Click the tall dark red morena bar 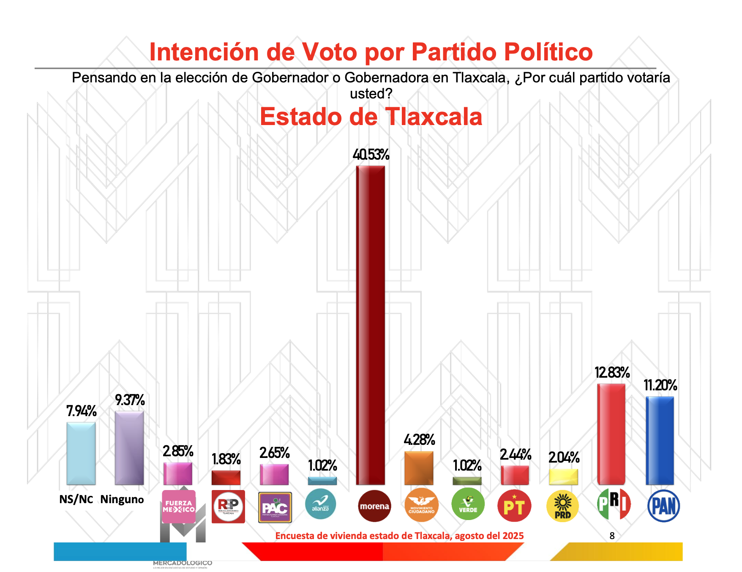371,325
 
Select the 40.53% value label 371,155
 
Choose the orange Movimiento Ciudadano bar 419,468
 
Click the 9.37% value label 130,400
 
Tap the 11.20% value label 660,385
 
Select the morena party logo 374,506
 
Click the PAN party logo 663,506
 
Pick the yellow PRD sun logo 562,507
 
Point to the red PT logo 514,506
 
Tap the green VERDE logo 468,504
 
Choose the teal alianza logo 320,504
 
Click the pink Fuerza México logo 179,506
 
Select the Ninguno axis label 122,499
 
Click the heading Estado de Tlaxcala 371,117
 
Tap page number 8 612,536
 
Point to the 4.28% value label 419,440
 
